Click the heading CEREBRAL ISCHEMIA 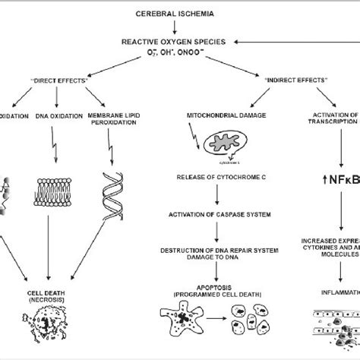point(176,14)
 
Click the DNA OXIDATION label point(51,118)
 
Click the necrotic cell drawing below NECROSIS point(47,331)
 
